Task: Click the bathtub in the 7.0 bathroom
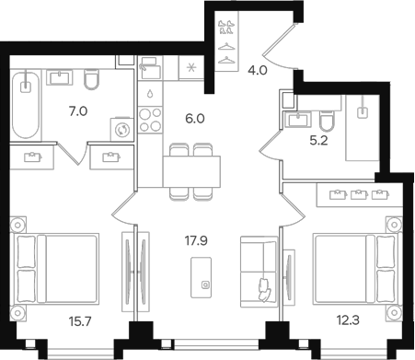click(26, 104)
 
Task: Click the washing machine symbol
click(120, 130)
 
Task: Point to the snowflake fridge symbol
click(191, 67)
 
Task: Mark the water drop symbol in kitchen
click(149, 93)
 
